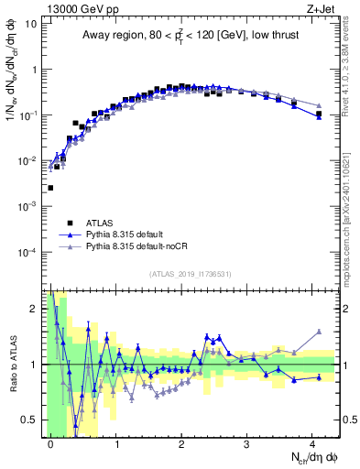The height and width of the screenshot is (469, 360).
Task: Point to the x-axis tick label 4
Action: [312, 443]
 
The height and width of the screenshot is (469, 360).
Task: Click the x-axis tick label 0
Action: [51, 443]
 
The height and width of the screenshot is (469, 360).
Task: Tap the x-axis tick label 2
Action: [182, 443]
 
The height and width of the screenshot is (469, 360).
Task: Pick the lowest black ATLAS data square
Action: [50, 188]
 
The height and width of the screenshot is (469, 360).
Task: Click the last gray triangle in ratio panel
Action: [319, 332]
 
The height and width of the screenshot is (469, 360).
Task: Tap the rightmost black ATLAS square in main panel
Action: [319, 115]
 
